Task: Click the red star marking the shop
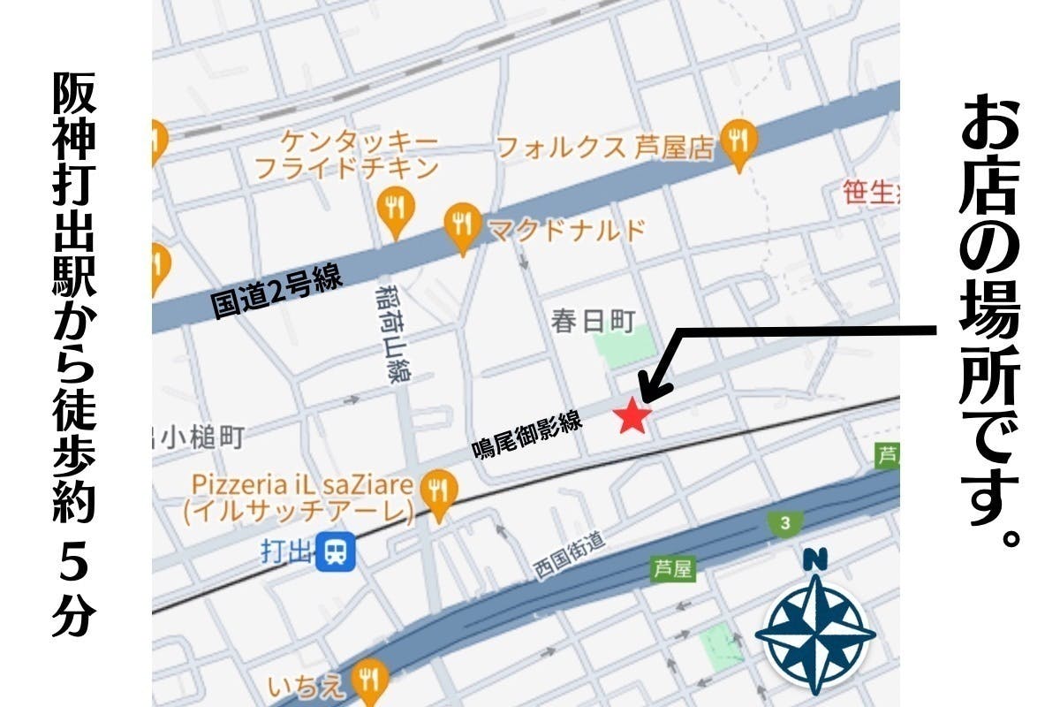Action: [x=632, y=414]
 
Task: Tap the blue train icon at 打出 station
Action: [x=337, y=552]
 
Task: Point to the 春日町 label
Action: [x=593, y=321]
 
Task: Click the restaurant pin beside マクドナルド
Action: [x=462, y=227]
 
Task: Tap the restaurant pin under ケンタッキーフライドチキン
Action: [x=395, y=210]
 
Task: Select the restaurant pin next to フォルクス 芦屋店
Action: [x=738, y=141]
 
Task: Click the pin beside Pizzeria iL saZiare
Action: [x=438, y=492]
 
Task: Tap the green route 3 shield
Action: [x=783, y=522]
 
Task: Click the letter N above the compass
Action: [x=815, y=559]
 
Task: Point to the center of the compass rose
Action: [x=815, y=633]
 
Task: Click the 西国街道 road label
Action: [x=569, y=556]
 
